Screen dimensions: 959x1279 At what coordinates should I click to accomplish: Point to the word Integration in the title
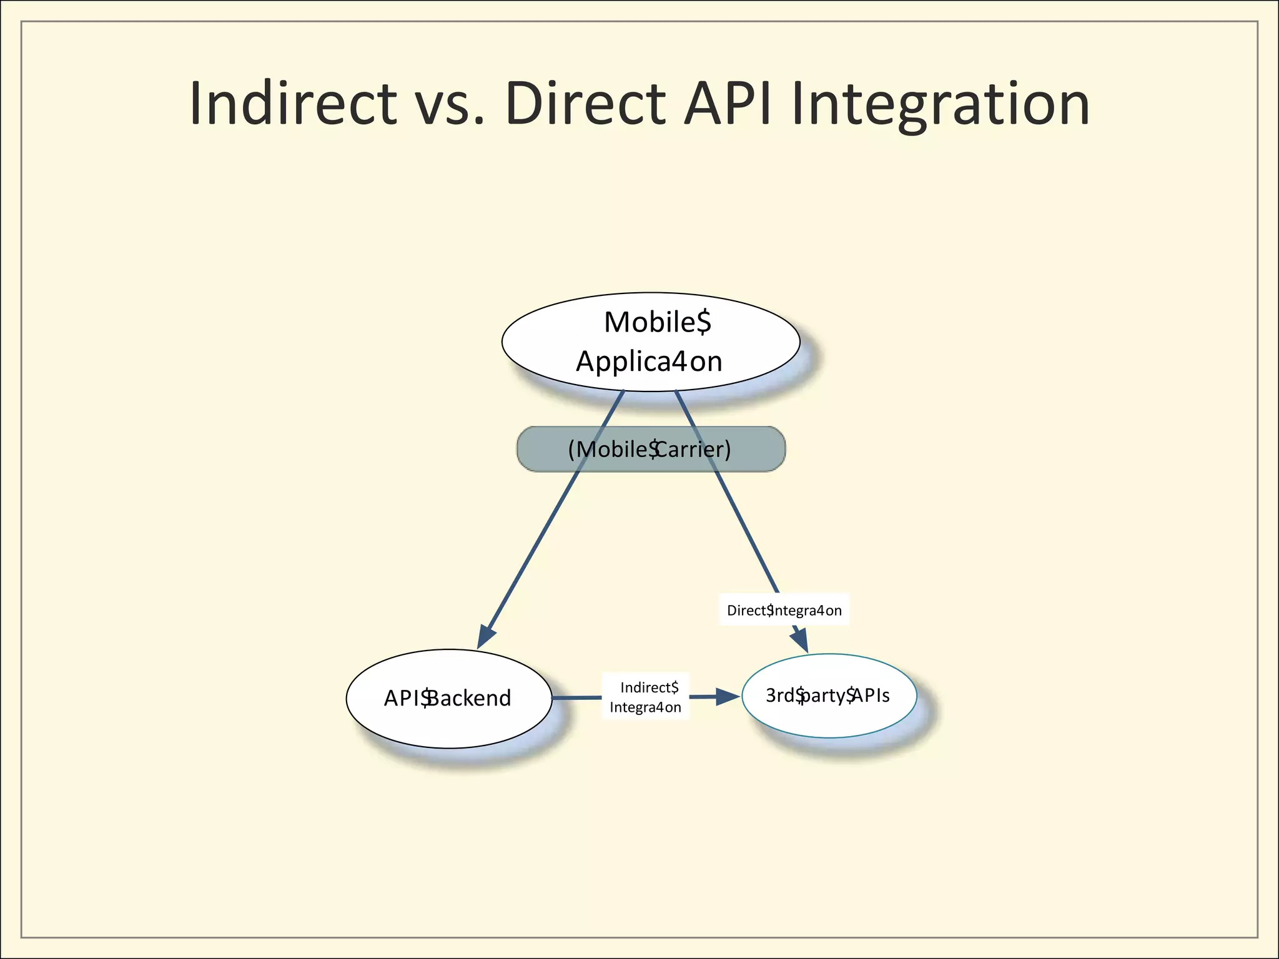(941, 105)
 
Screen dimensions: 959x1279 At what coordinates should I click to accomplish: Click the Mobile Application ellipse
(651, 342)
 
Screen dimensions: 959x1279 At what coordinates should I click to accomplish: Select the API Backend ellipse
(448, 698)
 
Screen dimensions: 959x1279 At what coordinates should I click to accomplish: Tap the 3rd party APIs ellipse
(829, 696)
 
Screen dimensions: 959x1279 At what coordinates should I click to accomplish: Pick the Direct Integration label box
(784, 610)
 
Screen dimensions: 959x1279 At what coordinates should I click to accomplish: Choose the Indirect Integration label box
(645, 697)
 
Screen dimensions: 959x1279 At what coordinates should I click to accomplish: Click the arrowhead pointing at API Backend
(485, 637)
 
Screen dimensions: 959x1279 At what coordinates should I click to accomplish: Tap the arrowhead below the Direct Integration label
(801, 641)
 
